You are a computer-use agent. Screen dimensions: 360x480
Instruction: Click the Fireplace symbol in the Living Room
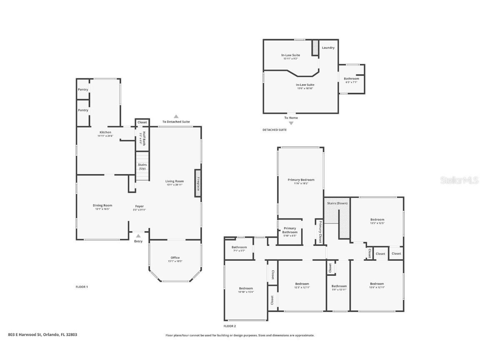click(x=198, y=183)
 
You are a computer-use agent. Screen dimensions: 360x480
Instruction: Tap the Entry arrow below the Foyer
click(x=138, y=236)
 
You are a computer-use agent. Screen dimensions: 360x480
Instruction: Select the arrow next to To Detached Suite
click(x=176, y=117)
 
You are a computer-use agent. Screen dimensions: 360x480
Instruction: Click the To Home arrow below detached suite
click(x=291, y=123)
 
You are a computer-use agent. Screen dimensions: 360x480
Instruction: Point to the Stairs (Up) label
click(x=142, y=166)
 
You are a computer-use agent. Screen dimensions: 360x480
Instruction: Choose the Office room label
click(x=175, y=257)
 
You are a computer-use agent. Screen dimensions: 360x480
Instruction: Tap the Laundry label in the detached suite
click(x=328, y=47)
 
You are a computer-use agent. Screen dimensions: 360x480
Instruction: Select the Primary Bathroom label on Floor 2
click(x=290, y=230)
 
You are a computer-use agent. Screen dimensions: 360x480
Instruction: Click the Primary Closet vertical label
click(x=320, y=232)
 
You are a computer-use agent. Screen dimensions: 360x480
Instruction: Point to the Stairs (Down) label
click(x=337, y=203)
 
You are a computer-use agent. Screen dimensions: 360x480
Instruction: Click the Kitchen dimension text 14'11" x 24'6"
click(x=105, y=136)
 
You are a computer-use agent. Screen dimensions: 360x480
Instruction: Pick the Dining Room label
click(x=102, y=205)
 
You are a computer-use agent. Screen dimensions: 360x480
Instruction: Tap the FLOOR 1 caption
click(x=82, y=287)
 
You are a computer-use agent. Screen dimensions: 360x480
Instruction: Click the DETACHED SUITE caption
click(x=274, y=130)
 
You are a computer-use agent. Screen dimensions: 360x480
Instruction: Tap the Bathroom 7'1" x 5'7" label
click(x=239, y=247)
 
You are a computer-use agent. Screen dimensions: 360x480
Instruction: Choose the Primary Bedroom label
click(x=301, y=180)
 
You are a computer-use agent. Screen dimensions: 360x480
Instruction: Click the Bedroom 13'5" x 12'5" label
click(x=377, y=220)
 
